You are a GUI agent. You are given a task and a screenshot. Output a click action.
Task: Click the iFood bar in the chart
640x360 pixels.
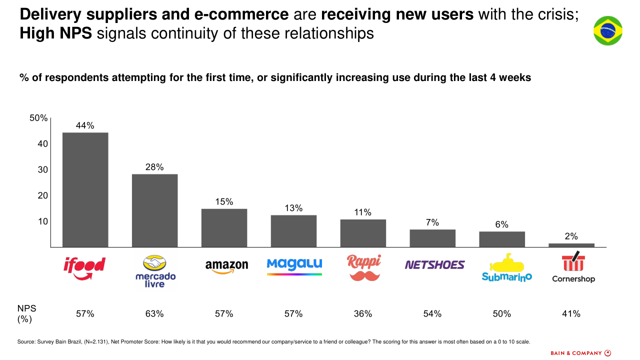85,189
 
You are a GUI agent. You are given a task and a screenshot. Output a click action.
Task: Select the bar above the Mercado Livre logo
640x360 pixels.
154,210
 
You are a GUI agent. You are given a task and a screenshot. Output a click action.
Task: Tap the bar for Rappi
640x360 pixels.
363,233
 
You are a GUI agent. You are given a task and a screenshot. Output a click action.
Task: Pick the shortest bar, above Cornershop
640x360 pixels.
571,245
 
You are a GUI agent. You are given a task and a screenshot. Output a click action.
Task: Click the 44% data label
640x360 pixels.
85,126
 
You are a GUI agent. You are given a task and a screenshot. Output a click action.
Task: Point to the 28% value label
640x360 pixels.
154,167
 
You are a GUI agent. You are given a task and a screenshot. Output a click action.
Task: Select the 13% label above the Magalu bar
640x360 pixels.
293,208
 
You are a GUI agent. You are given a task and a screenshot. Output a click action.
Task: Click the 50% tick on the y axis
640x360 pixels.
38,118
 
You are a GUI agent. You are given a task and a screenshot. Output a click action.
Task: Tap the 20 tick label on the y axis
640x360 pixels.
42,195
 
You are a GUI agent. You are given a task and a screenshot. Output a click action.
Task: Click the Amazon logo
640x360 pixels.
226,266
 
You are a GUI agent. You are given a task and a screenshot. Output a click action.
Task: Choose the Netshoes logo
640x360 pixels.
434,265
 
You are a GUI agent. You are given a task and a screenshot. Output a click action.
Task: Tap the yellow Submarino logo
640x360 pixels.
506,267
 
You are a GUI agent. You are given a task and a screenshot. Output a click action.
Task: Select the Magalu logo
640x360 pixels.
294,265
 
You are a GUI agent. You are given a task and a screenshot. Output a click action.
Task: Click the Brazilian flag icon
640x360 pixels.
607,30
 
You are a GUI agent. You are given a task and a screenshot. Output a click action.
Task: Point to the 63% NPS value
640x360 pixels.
154,314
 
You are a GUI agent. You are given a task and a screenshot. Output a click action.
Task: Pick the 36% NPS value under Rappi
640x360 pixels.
363,314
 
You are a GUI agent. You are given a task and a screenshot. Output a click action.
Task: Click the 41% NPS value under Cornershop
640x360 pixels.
571,314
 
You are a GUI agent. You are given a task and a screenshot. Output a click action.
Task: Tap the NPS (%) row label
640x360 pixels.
26,313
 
